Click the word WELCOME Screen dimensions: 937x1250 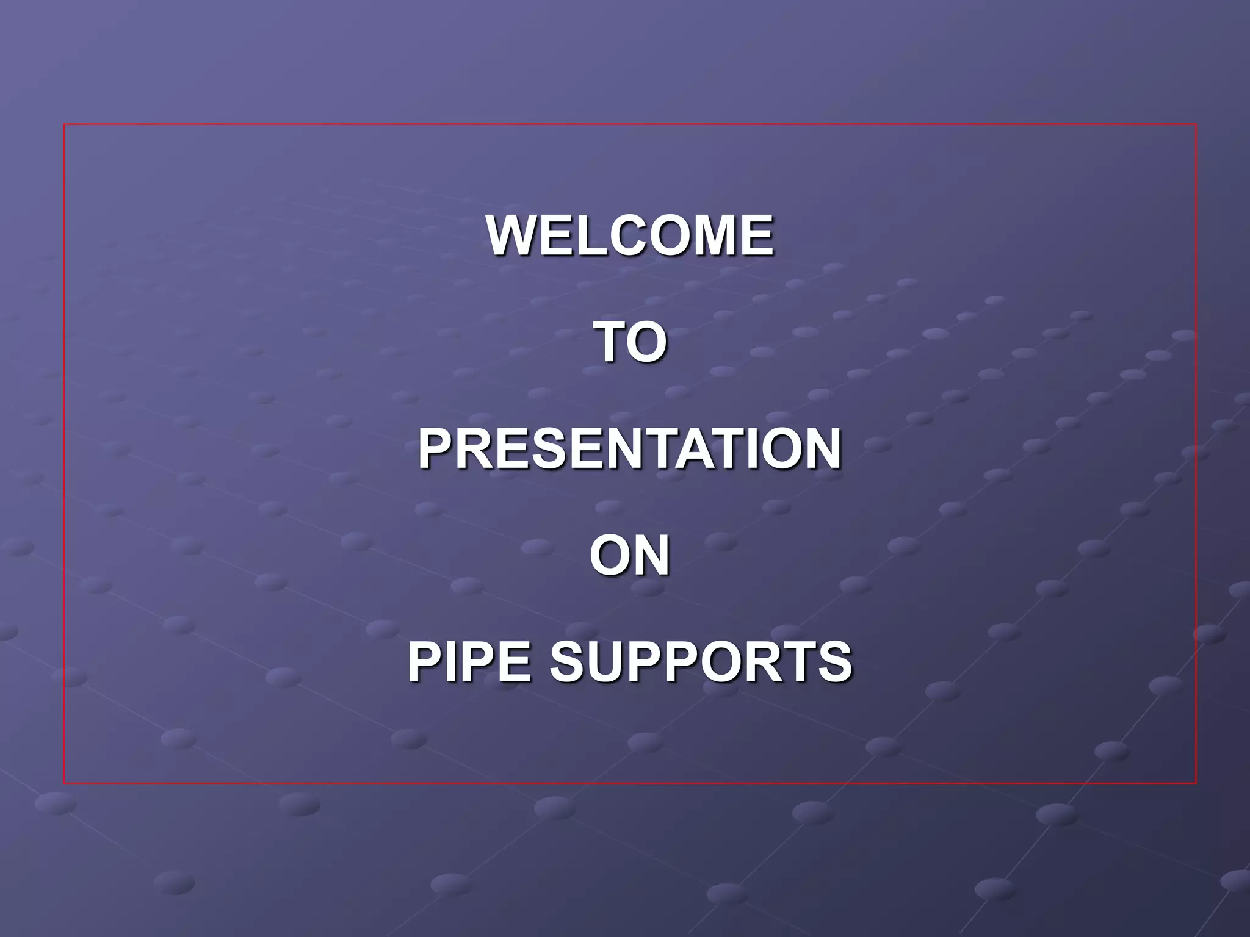click(x=630, y=235)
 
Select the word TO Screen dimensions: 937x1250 click(x=631, y=342)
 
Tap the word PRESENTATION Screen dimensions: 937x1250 click(x=630, y=449)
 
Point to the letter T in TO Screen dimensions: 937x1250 click(x=612, y=342)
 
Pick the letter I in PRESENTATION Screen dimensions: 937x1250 click(x=757, y=449)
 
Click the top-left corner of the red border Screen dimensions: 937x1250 click(x=64, y=124)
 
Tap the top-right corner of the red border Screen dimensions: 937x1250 click(x=1196, y=124)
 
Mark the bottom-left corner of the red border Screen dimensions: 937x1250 click(x=64, y=783)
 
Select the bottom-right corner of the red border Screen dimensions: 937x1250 click(x=1196, y=783)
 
